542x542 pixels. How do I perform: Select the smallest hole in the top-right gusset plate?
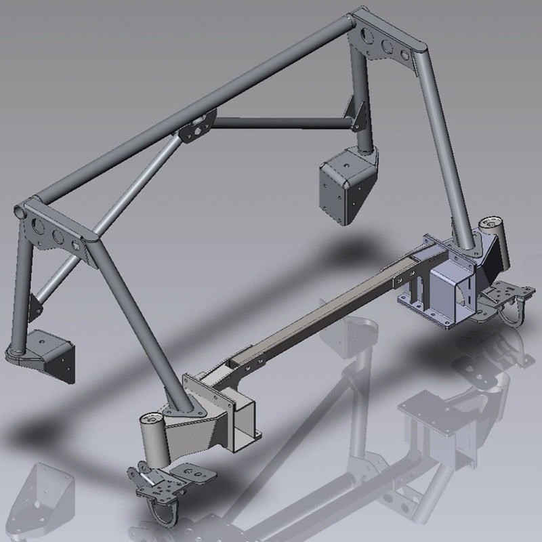coord(405,56)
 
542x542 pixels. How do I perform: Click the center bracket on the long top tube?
coord(196,127)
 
